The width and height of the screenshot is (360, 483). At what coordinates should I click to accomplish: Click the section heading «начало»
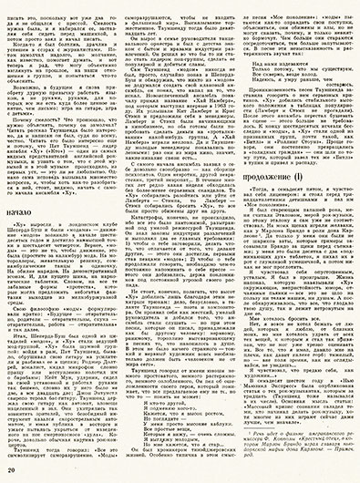[31, 187]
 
